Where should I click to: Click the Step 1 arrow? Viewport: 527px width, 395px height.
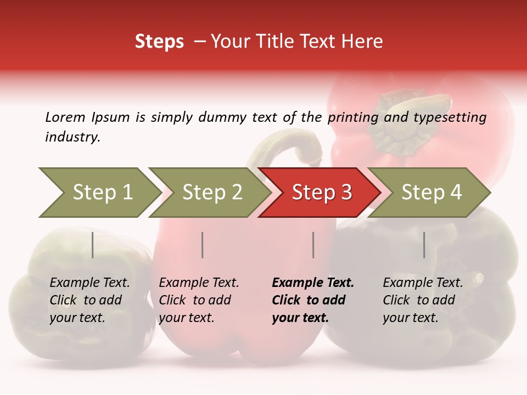coord(99,193)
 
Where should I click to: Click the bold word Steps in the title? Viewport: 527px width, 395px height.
coord(159,42)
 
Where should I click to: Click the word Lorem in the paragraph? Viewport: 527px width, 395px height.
coord(65,117)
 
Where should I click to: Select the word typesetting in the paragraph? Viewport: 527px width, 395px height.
coord(450,117)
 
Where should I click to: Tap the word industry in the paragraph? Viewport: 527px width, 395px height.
coord(72,137)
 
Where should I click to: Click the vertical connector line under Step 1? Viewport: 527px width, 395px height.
coord(93,245)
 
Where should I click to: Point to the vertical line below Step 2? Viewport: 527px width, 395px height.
coord(203,245)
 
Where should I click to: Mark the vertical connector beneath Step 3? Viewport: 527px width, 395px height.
coord(313,245)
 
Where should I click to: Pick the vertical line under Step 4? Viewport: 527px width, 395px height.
coord(424,245)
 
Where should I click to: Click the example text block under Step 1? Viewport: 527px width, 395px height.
coord(89,300)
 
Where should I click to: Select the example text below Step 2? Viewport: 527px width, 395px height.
coord(199,300)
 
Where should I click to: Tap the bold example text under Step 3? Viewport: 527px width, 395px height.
coord(313,300)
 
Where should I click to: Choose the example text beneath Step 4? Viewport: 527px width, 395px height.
coord(423,300)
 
